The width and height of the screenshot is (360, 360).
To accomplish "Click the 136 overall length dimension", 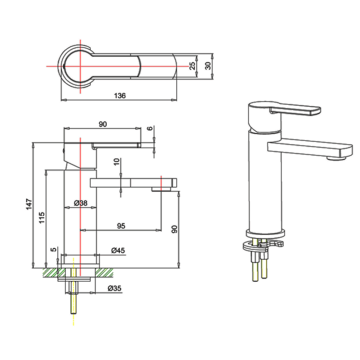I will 120,96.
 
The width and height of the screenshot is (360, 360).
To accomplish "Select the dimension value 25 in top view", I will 192,66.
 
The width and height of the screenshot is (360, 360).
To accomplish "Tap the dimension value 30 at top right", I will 208,66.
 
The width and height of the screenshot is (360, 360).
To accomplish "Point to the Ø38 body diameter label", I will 80,203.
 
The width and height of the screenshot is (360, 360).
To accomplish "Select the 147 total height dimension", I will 29,205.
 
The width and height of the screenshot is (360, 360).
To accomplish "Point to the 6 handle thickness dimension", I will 151,128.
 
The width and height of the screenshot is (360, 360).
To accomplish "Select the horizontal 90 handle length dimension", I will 103,124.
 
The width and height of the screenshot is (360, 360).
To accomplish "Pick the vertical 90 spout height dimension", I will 174,230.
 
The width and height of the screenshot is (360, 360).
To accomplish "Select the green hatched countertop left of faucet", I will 50,273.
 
